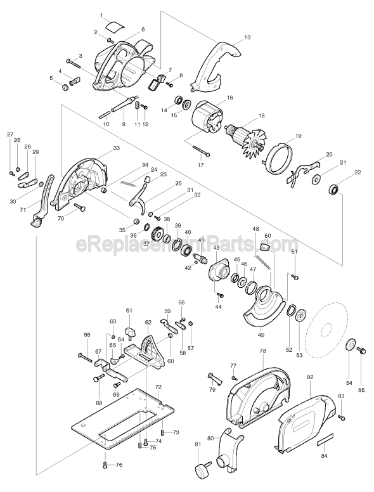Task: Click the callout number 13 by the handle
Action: click(x=247, y=37)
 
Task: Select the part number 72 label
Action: click(x=158, y=386)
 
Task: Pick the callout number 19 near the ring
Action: click(x=298, y=136)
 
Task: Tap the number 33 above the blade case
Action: click(x=116, y=148)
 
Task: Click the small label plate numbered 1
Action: click(x=115, y=26)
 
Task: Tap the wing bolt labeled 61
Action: click(x=132, y=330)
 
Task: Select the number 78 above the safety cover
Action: click(x=262, y=350)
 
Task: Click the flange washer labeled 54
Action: click(x=348, y=346)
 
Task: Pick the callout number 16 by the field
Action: click(x=230, y=98)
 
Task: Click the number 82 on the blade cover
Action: click(x=310, y=377)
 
